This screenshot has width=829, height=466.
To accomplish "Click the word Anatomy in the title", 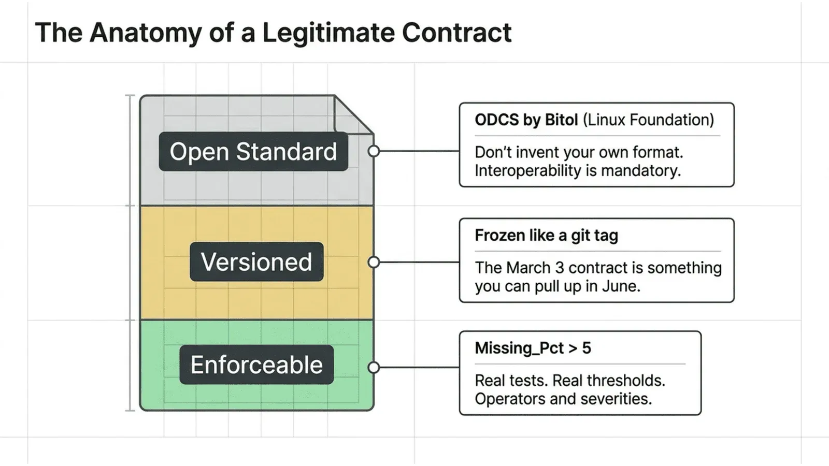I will click(x=145, y=33).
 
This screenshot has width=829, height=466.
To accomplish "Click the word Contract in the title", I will click(x=456, y=33).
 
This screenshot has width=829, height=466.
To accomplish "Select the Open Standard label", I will click(x=253, y=152).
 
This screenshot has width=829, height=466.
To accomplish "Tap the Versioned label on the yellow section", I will click(x=256, y=262).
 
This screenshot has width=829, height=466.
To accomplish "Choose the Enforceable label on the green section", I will click(x=256, y=365).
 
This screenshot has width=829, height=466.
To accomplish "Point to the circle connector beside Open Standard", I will click(x=374, y=151).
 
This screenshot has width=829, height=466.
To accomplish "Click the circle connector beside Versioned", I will click(x=374, y=262).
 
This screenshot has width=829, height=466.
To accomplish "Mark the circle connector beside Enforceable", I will click(x=374, y=368).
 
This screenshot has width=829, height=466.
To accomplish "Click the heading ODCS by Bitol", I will click(x=526, y=120).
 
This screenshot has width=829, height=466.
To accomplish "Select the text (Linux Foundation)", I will click(x=648, y=120).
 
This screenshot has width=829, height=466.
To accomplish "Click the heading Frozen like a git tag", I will click(x=546, y=236).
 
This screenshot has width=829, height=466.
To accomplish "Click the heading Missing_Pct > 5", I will click(x=533, y=348).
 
